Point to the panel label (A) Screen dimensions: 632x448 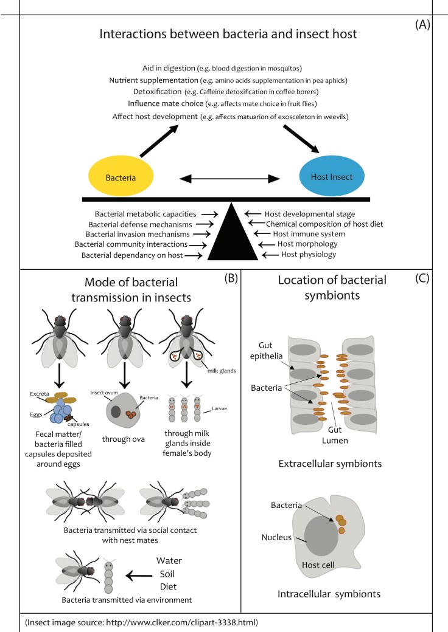point(424,26)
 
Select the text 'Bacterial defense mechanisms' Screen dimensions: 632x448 point(142,224)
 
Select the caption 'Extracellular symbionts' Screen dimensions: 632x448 point(330,464)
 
